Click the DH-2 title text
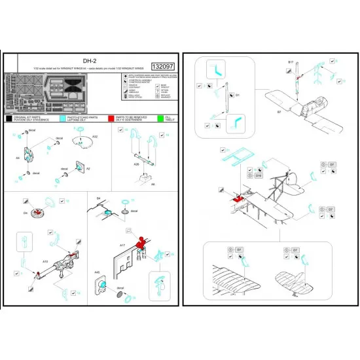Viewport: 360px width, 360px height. coord(91,58)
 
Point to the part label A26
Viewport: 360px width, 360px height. coord(136,164)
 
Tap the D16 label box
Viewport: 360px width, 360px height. coord(258,176)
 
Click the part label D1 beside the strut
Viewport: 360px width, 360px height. coord(238,95)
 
